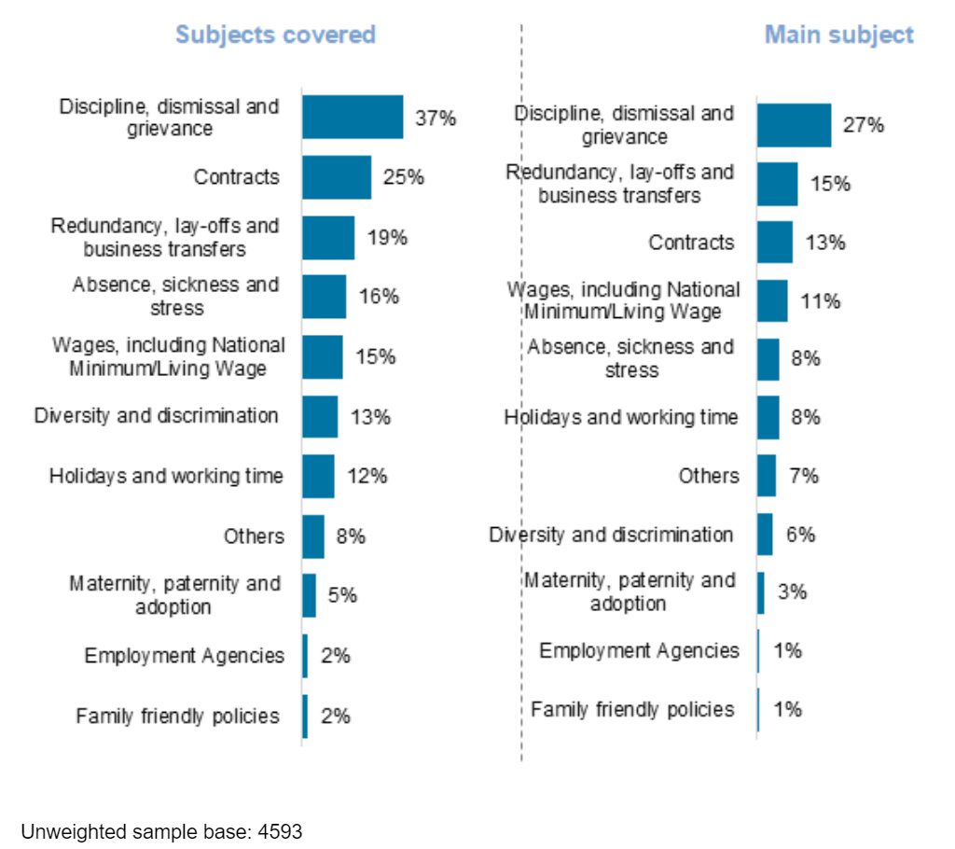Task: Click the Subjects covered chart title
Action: point(275,35)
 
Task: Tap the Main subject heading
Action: point(838,35)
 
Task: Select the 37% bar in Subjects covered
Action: point(353,117)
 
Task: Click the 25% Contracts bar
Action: point(337,176)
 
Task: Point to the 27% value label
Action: point(863,124)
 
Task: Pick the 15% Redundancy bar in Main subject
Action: point(777,184)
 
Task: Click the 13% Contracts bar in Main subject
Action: point(774,242)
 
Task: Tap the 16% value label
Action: point(379,297)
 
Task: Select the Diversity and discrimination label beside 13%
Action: point(156,415)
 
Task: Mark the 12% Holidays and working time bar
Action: point(318,476)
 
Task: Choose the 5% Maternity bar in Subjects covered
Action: point(309,595)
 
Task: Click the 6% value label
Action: point(799,535)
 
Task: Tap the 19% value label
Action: point(386,237)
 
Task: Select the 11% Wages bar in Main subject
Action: point(771,300)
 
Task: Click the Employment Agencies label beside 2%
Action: point(184,656)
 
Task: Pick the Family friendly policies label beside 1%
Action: point(632,709)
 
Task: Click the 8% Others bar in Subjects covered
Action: point(312,536)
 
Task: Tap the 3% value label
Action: point(792,592)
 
